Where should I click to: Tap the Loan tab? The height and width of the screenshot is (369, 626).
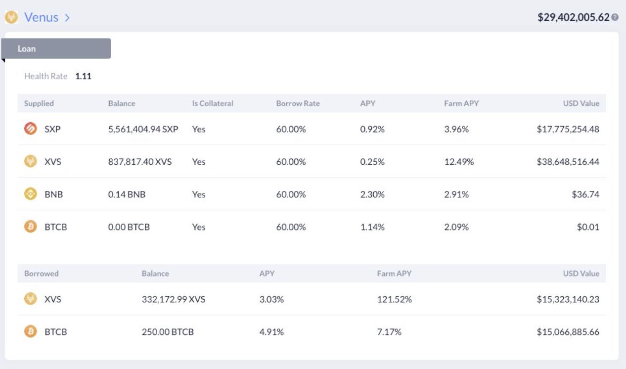pyautogui.click(x=56, y=49)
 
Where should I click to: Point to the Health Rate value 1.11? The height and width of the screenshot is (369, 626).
pyautogui.click(x=83, y=76)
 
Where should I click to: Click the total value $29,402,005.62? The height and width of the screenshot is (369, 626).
pyautogui.click(x=573, y=17)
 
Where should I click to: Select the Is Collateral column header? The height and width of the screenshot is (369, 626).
pyautogui.click(x=213, y=103)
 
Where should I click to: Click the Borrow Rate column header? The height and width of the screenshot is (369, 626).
pyautogui.click(x=298, y=103)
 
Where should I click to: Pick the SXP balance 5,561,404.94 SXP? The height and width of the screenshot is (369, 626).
pyautogui.click(x=143, y=129)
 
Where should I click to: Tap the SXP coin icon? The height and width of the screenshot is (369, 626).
pyautogui.click(x=30, y=129)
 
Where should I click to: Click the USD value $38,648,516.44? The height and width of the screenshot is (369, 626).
pyautogui.click(x=568, y=162)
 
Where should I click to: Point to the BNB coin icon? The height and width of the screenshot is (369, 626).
pyautogui.click(x=30, y=194)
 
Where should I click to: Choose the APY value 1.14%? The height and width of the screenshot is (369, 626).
pyautogui.click(x=372, y=227)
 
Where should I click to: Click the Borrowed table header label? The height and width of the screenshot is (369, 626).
pyautogui.click(x=41, y=274)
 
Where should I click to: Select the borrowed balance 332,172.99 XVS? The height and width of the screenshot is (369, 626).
pyautogui.click(x=173, y=299)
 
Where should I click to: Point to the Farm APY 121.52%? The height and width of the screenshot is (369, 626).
pyautogui.click(x=394, y=299)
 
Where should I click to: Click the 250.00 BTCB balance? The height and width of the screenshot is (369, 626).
pyautogui.click(x=168, y=332)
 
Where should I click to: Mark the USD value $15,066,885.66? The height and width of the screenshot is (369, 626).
pyautogui.click(x=568, y=332)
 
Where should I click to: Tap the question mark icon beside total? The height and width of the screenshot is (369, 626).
pyautogui.click(x=615, y=17)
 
